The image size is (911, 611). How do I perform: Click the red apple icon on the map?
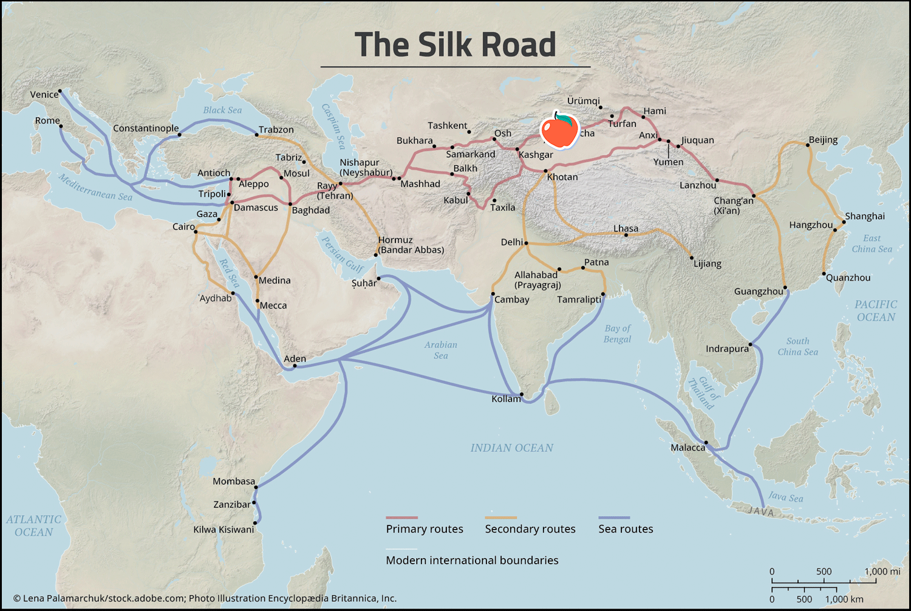click(559, 131)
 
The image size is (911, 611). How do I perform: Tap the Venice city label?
click(44, 95)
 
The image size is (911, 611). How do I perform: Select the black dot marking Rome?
click(61, 126)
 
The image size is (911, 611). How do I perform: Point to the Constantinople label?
click(146, 128)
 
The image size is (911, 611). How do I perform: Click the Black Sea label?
click(222, 110)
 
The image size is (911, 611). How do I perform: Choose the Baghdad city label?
click(311, 210)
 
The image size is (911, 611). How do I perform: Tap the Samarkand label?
click(471, 154)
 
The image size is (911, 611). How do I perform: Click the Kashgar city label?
click(536, 155)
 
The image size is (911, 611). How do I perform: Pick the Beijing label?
click(823, 140)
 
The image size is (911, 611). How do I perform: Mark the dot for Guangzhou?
click(785, 287)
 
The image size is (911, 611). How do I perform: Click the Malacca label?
click(688, 448)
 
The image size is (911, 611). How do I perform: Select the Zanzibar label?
click(231, 505)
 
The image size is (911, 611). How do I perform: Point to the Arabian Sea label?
click(441, 350)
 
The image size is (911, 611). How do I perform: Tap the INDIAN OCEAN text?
click(511, 448)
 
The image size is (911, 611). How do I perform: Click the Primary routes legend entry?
click(425, 529)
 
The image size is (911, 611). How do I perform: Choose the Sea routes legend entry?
click(626, 529)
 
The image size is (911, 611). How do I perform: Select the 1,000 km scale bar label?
click(844, 599)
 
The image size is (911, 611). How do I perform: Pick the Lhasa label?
click(626, 228)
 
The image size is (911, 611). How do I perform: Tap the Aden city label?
click(295, 358)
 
